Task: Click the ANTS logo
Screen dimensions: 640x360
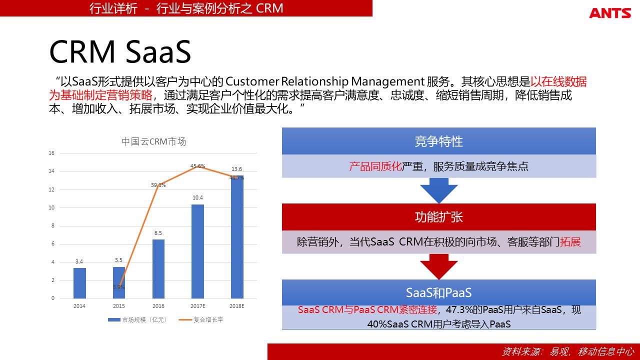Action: [610, 13]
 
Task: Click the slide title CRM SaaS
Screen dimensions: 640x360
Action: [120, 51]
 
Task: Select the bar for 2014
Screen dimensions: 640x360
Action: [79, 283]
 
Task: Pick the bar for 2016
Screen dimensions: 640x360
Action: [158, 269]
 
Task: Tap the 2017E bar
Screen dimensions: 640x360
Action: [197, 251]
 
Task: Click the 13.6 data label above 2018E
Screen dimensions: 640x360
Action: [236, 169]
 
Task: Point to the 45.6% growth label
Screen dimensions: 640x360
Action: [197, 165]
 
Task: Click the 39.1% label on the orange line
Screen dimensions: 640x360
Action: [158, 185]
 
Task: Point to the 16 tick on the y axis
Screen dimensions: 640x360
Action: [51, 153]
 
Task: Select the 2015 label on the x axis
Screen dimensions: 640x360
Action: [119, 306]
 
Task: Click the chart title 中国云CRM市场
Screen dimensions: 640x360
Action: [153, 141]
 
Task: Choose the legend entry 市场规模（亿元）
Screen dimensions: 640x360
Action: [137, 319]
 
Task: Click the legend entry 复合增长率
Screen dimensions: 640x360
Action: [201, 319]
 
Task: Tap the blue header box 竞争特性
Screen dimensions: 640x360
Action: [439, 141]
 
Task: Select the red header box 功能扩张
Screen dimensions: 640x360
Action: [439, 217]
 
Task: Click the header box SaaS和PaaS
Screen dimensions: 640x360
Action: [439, 292]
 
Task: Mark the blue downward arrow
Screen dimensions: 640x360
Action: [439, 191]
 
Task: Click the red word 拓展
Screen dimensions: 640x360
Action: [570, 242]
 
